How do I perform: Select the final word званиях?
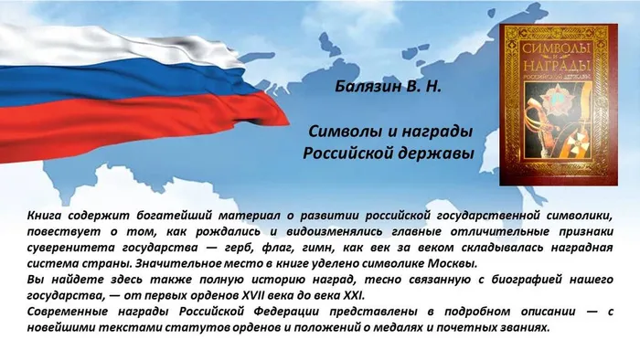pos(521,327)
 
